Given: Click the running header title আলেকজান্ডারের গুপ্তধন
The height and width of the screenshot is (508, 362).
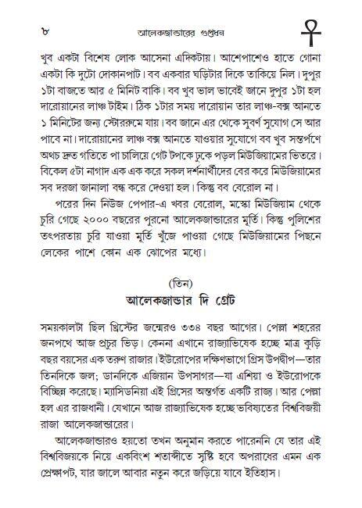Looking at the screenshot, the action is pyautogui.click(x=176, y=32).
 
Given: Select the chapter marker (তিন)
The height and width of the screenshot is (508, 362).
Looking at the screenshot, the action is pyautogui.click(x=181, y=278).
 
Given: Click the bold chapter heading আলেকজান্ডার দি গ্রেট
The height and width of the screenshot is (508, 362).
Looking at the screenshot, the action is pyautogui.click(x=181, y=299).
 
